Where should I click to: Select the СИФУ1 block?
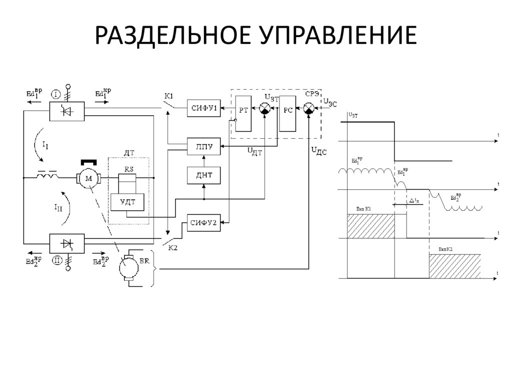pyautogui.click(x=203, y=109)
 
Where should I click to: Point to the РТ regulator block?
pyautogui.click(x=243, y=113)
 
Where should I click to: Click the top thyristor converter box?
pyautogui.click(x=66, y=111)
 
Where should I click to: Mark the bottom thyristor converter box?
pyautogui.click(x=66, y=244)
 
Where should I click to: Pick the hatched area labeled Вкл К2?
pyautogui.click(x=455, y=265)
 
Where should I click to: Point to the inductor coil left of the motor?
pyautogui.click(x=47, y=176)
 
